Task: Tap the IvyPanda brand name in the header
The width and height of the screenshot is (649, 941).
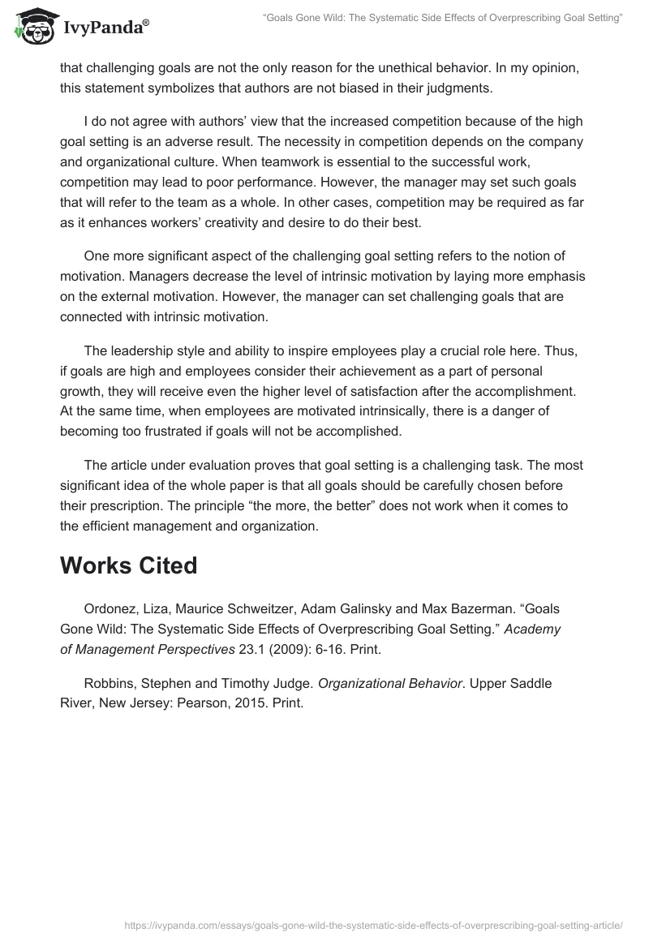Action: point(104,29)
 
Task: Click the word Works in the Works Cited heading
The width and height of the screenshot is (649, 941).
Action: point(95,565)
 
